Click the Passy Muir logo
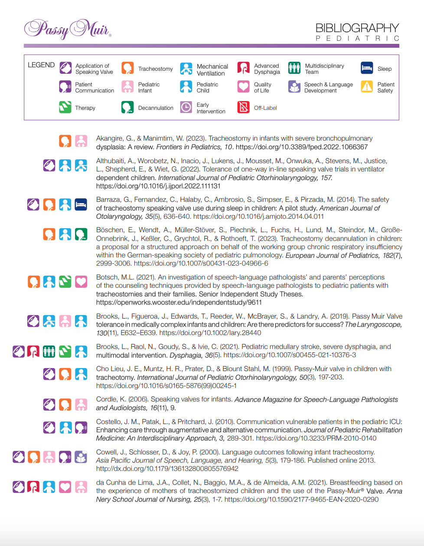pos(67,29)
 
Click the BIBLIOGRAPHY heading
pos(357,28)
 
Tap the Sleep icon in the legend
pos(367,68)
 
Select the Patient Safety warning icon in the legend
pos(367,87)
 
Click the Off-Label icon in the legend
pos(244,107)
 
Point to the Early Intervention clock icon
pos(186,107)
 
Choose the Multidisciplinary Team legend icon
pos(294,68)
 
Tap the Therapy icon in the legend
pos(65,107)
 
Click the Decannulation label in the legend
pos(156,108)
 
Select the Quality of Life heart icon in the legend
pos(244,87)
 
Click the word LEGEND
pos(41,65)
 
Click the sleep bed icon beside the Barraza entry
pos(81,204)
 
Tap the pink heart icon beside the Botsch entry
pos(81,282)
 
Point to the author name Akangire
pos(109,138)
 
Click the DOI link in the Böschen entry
pos(201,263)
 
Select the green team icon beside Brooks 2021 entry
pos(49,351)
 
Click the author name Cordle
pos(106,399)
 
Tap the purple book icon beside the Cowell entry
pos(81,457)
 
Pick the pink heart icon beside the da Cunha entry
pos(65,487)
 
